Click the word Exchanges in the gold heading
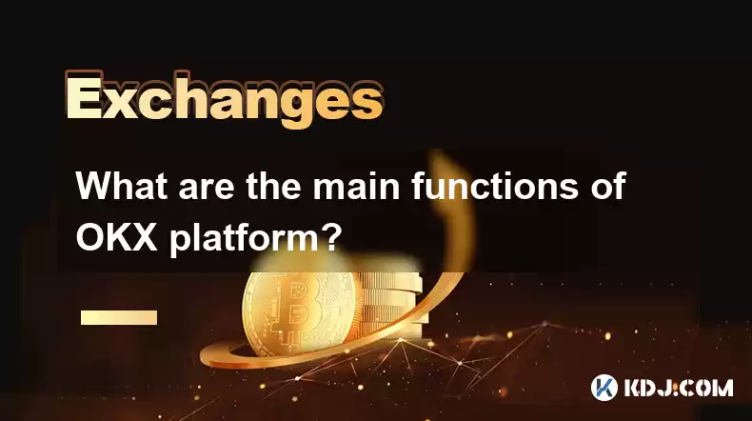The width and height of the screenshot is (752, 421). click(224, 100)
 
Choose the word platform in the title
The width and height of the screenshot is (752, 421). click(243, 239)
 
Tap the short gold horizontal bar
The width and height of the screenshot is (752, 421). click(119, 317)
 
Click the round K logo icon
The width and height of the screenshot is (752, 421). click(604, 388)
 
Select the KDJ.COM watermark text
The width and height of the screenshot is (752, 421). click(679, 388)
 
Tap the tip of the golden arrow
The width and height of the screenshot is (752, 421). click(439, 156)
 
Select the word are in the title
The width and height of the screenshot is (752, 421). click(207, 189)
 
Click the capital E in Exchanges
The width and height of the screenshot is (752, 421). click(84, 100)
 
